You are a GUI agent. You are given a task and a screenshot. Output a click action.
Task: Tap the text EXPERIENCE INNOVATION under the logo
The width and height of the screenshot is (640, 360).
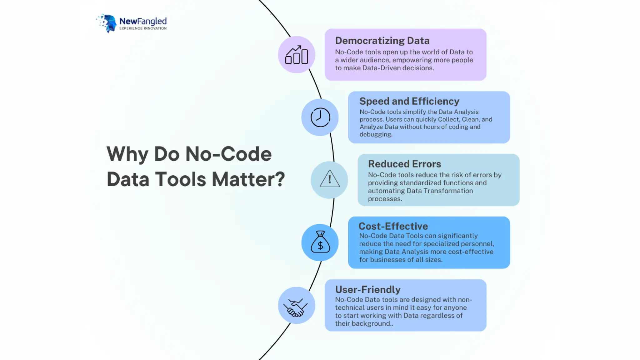(143, 28)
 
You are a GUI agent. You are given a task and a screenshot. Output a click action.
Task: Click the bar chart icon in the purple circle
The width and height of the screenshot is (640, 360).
(297, 55)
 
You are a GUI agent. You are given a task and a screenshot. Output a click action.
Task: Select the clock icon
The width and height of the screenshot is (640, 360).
(320, 117)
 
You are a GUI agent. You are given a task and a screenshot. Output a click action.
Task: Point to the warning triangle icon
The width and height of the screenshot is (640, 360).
(329, 179)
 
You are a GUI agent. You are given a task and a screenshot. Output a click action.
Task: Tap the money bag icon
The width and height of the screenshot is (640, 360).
(320, 242)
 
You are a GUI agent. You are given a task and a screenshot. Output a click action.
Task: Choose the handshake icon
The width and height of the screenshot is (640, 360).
(296, 307)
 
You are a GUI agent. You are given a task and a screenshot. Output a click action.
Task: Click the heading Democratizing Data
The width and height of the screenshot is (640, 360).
(382, 41)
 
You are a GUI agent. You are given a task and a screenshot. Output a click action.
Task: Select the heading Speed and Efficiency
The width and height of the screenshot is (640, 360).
(409, 101)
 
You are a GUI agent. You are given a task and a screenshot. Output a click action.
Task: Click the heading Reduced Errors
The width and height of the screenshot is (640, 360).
(404, 164)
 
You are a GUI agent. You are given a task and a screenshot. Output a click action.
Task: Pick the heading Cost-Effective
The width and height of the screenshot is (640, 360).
(393, 226)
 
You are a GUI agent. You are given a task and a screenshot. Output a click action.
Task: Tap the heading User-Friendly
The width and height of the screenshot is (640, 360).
(368, 290)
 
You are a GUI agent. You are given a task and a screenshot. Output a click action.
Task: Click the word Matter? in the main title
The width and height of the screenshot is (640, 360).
(248, 179)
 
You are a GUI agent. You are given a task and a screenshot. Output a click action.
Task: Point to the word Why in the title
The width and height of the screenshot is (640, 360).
(127, 154)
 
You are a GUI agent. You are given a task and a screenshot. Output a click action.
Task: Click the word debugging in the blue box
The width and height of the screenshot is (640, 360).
(375, 134)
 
